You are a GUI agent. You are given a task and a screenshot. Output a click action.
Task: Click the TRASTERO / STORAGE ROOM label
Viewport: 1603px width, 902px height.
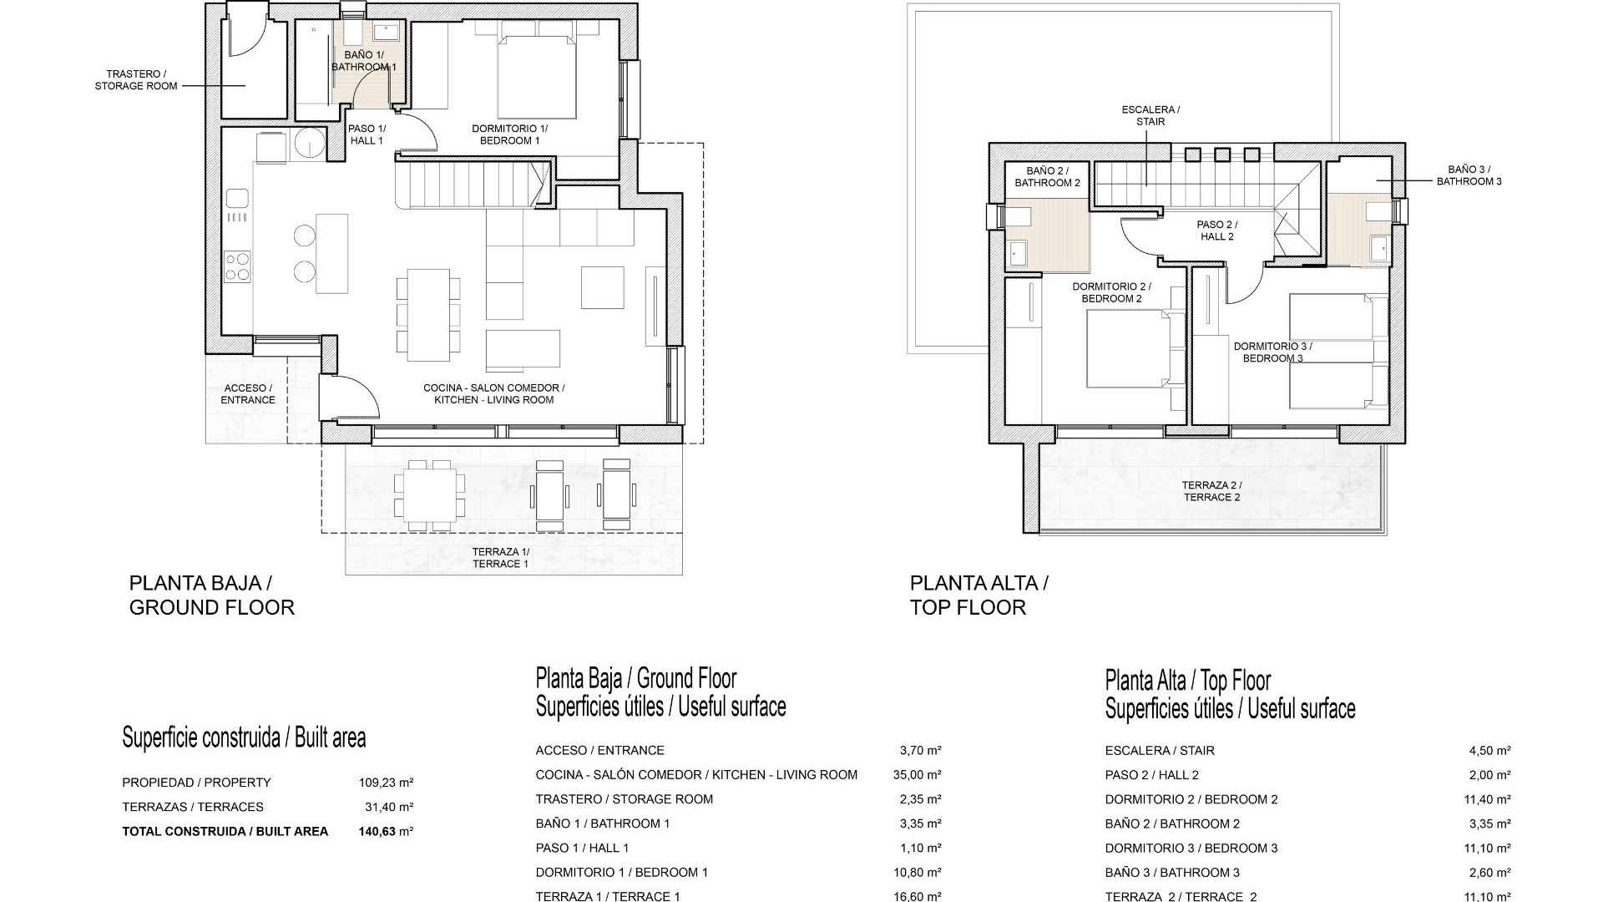tap(136, 80)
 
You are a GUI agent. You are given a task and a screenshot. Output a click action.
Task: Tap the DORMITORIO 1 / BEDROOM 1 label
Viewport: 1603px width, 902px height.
tap(509, 134)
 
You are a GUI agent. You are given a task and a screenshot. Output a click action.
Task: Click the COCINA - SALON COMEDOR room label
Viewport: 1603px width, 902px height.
tap(493, 394)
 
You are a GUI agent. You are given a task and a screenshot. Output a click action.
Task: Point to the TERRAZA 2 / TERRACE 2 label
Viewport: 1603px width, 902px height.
tap(1211, 491)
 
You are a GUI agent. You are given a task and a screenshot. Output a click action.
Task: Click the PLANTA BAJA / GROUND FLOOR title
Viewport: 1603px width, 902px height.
tap(211, 595)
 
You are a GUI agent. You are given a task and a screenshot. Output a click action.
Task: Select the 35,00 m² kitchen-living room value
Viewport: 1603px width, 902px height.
tap(917, 775)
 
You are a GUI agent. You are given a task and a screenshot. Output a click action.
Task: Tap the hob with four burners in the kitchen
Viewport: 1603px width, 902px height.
tap(237, 266)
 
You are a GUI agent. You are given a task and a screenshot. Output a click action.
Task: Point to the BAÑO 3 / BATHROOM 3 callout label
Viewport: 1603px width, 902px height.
tap(1469, 175)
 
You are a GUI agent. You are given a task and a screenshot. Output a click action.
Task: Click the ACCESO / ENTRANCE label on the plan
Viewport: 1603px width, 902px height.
tap(247, 394)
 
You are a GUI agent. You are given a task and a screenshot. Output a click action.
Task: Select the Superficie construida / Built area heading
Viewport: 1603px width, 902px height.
tap(244, 737)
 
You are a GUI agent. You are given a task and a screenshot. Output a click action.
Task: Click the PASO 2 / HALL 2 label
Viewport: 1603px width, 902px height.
tap(1216, 231)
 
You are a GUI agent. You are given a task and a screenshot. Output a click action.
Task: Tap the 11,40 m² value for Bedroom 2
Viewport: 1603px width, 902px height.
tap(1489, 799)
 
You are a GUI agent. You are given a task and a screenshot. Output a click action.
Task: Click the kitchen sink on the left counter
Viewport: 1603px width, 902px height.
tap(237, 199)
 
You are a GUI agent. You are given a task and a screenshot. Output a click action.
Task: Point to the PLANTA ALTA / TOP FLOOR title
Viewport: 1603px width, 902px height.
tap(978, 595)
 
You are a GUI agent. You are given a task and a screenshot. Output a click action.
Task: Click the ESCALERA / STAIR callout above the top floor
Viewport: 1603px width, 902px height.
tap(1150, 115)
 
